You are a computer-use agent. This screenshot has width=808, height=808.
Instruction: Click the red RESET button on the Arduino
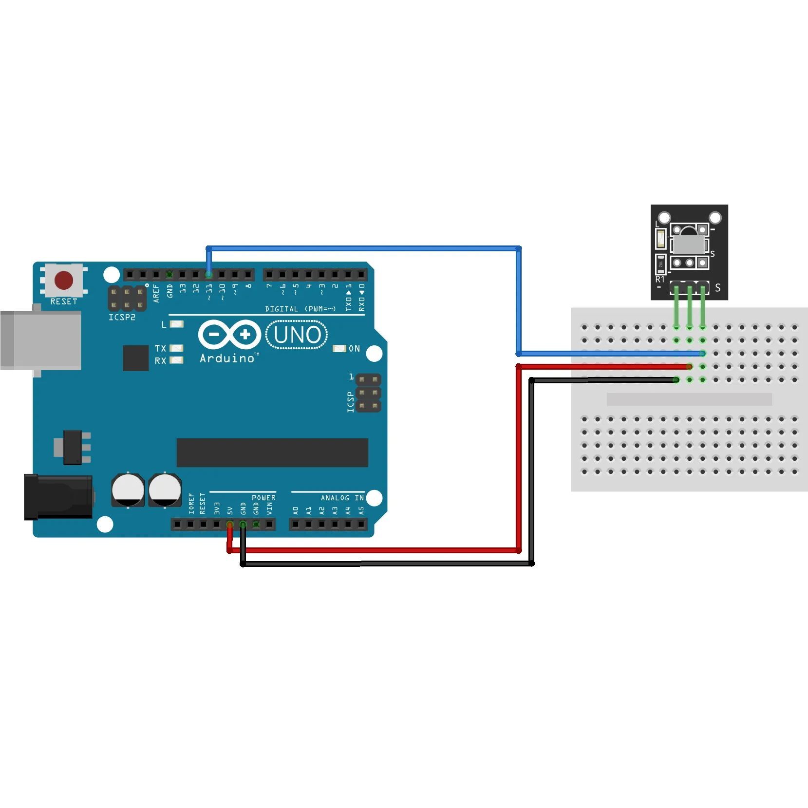coord(64,281)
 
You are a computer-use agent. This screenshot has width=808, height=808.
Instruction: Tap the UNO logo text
coord(298,335)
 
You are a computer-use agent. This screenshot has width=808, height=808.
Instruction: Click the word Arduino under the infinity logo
coord(227,358)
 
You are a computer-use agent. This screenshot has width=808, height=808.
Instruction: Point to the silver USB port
coord(41,340)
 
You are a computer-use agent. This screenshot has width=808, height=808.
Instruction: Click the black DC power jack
coord(58,497)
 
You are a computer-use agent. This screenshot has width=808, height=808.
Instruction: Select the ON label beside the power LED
coord(354,349)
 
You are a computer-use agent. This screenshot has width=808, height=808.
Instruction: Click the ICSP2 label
coord(122,318)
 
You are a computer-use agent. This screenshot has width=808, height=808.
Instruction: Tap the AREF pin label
coord(156,293)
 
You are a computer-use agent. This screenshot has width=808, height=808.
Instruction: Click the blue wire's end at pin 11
coord(209,275)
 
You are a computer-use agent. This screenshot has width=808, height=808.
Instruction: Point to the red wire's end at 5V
coord(230,525)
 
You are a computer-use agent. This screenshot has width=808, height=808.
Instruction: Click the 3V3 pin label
coord(217,508)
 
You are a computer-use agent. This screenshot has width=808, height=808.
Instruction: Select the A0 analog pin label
coord(296,510)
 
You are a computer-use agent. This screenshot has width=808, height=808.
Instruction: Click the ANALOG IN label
coord(342,498)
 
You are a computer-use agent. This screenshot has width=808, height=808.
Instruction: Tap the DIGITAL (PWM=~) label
coord(301,309)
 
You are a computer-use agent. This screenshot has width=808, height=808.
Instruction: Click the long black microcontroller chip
coord(272,452)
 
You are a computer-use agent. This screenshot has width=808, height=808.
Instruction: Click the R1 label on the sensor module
coord(660,280)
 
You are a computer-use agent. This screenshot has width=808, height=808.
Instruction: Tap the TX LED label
coord(160,348)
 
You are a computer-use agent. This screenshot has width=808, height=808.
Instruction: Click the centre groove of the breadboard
coord(689,399)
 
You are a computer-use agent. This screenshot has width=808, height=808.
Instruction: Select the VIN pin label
coord(270,509)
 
